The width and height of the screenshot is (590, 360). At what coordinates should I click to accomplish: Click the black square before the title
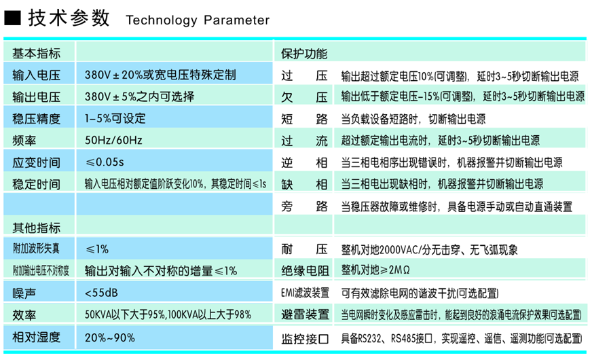(14, 18)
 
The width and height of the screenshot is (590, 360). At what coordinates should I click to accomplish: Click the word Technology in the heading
(160, 20)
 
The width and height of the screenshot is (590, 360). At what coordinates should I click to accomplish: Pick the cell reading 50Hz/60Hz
(113, 141)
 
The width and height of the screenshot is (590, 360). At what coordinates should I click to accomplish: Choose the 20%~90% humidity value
(110, 338)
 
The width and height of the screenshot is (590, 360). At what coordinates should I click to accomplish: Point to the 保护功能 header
(304, 53)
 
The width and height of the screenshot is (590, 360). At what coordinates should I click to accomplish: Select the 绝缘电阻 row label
(305, 271)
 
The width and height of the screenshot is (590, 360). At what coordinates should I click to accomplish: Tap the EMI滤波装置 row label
(305, 293)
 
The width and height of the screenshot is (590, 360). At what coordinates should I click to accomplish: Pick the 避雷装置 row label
(305, 315)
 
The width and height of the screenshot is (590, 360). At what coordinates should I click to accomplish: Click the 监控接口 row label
(305, 338)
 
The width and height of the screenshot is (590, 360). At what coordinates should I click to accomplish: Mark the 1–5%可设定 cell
(115, 119)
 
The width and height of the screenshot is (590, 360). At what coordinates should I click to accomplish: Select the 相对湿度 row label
(36, 338)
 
